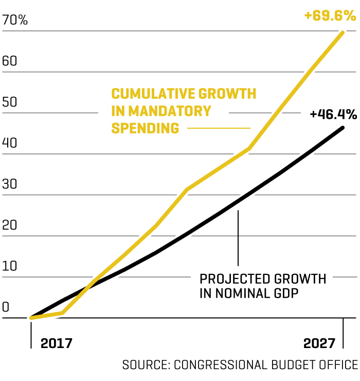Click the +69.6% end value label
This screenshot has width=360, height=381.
(x=330, y=16)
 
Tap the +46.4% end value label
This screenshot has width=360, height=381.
(x=333, y=114)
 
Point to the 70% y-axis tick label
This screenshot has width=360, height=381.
(x=15, y=21)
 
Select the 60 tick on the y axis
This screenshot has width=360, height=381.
(x=10, y=61)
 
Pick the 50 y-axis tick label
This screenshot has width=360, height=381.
(x=10, y=102)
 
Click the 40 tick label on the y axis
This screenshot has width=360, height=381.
(x=10, y=143)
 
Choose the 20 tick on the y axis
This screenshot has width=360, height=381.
(x=10, y=226)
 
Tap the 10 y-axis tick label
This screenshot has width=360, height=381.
(x=9, y=266)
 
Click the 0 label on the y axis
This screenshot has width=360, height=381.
(x=6, y=307)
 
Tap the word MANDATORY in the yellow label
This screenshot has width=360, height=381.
(x=170, y=111)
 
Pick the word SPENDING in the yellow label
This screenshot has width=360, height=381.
(x=146, y=128)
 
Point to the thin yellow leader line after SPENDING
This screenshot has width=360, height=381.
(x=219, y=128)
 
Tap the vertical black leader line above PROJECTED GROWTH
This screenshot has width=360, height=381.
(x=238, y=237)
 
